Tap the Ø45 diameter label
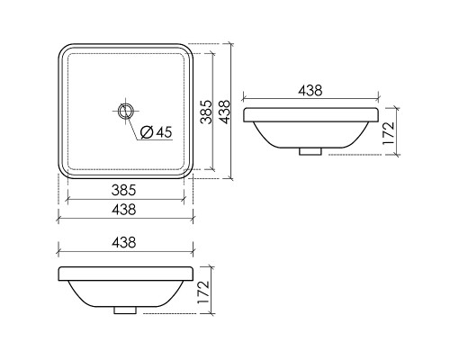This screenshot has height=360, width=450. pyautogui.click(x=157, y=132)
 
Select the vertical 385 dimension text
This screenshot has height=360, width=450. pyautogui.click(x=207, y=111)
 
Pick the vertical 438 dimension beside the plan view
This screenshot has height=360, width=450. pyautogui.click(x=226, y=111)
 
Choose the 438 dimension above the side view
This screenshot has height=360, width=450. pyautogui.click(x=309, y=90)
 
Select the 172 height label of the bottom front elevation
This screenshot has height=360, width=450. pyautogui.click(x=202, y=291)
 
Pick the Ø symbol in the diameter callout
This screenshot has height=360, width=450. pyautogui.click(x=147, y=132)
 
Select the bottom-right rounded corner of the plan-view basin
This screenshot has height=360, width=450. pyautogui.click(x=189, y=173)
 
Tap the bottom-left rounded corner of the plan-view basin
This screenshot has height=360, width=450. pyautogui.click(x=63, y=173)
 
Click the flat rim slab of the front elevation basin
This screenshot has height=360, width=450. pyautogui.click(x=126, y=274)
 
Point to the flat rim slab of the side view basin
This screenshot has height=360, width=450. pyautogui.click(x=310, y=114)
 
